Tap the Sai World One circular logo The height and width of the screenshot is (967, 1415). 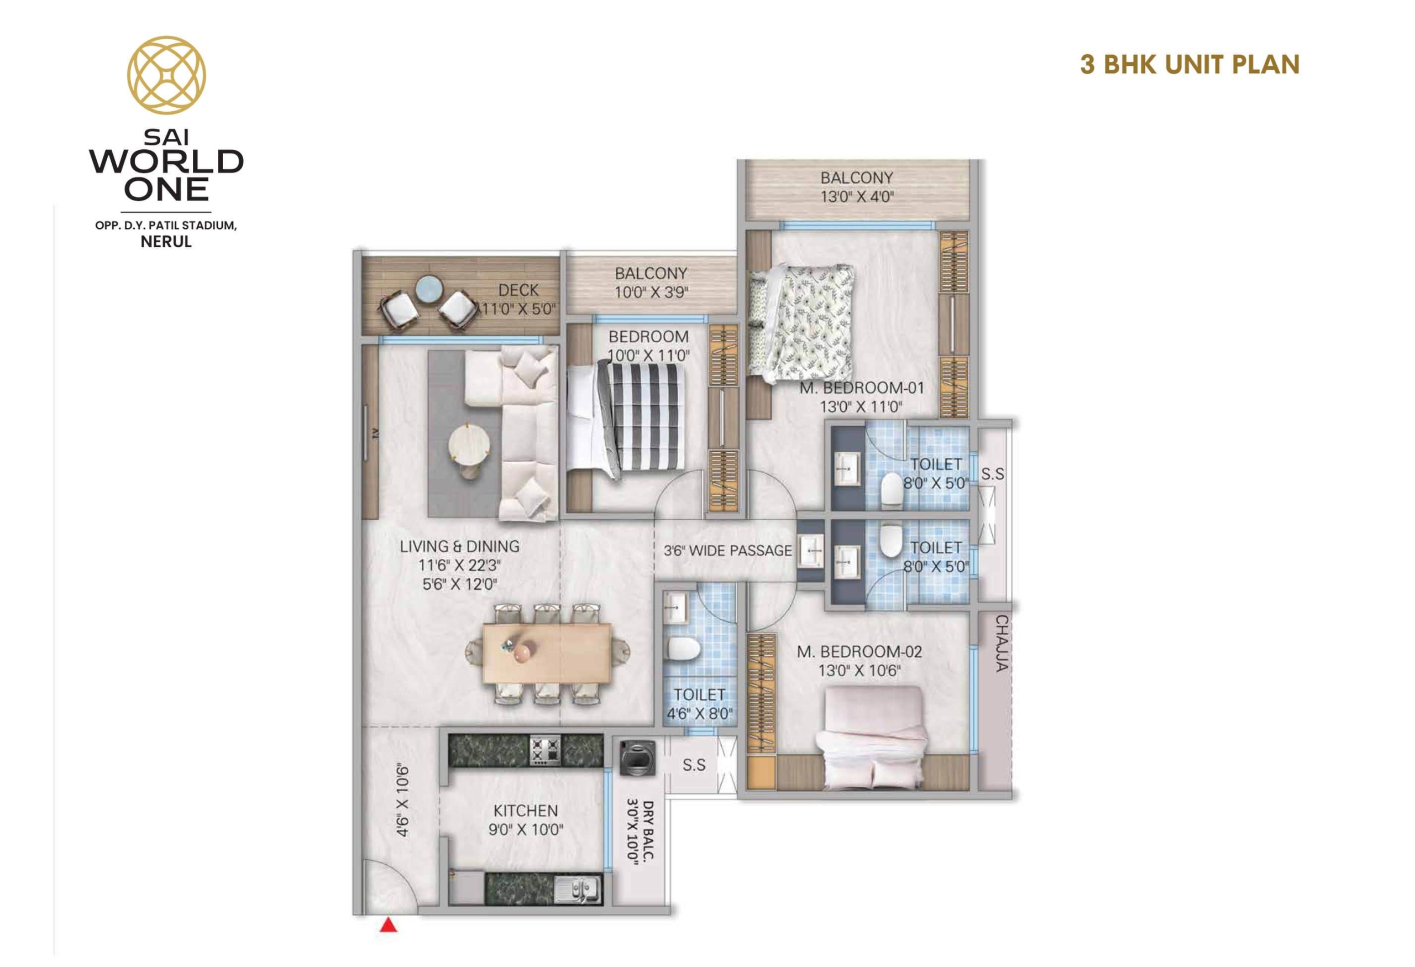[x=166, y=75]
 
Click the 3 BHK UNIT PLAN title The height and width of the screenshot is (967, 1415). [x=1189, y=64]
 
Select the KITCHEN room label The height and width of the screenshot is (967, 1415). [x=526, y=811]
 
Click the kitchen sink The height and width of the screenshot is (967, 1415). [x=578, y=889]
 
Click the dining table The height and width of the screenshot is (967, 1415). [x=547, y=654]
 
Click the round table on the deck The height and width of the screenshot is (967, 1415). [x=431, y=290]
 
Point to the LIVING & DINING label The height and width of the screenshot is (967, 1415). [x=460, y=546]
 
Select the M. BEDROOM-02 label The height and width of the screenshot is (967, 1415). [x=859, y=651]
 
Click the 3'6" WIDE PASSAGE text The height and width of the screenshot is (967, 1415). [x=727, y=551]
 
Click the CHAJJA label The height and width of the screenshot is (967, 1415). [x=1002, y=643]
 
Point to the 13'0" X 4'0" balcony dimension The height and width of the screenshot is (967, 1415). [x=857, y=197]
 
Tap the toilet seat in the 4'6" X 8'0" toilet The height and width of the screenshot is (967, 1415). [x=683, y=648]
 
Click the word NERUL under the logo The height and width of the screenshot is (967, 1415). [x=166, y=242]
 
